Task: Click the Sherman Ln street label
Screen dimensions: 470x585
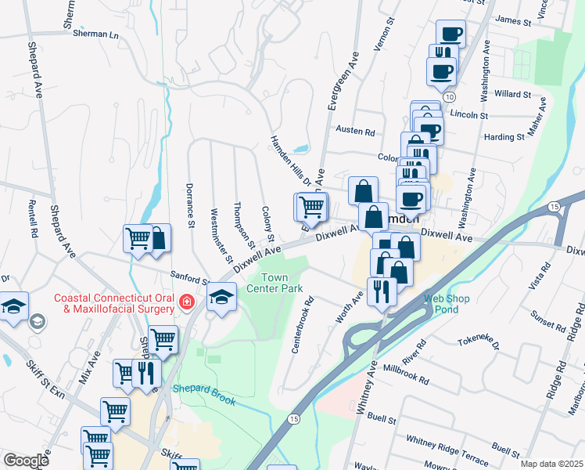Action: (x=95, y=34)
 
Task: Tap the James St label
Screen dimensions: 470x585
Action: (x=513, y=19)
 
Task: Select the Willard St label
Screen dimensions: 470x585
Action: (x=512, y=94)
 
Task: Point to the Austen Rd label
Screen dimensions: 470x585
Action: (x=355, y=130)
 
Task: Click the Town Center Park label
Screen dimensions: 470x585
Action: (x=281, y=283)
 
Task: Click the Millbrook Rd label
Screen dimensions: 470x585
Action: (x=406, y=374)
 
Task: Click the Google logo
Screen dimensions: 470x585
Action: (x=26, y=461)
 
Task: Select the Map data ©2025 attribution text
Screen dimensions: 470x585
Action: (x=551, y=464)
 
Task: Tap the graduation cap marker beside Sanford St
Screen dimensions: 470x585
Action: (x=221, y=297)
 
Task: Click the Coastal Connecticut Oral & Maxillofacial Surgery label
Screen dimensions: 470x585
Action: (x=114, y=303)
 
